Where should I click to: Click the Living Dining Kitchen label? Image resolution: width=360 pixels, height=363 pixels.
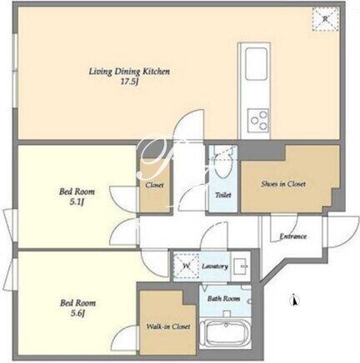click(x=129, y=72)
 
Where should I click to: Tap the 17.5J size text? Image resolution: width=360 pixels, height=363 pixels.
click(x=129, y=82)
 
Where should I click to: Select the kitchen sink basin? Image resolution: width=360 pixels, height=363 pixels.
click(x=257, y=64)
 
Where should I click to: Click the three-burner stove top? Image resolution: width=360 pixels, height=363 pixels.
click(x=258, y=120)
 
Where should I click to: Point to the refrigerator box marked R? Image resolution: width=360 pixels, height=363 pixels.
click(x=325, y=19)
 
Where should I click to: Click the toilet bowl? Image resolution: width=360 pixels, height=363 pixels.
click(x=222, y=166)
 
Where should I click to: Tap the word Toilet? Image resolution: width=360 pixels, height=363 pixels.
click(x=223, y=195)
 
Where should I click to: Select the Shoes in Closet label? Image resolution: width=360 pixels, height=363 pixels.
click(x=283, y=184)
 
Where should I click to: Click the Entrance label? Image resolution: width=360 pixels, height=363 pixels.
click(x=293, y=236)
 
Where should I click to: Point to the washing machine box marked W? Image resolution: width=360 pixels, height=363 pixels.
click(x=186, y=266)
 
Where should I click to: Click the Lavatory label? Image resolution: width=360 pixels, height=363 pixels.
click(x=215, y=266)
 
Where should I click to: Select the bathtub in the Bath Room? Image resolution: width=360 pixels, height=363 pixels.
click(x=225, y=334)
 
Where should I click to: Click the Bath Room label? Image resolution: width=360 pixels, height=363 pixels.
click(x=223, y=299)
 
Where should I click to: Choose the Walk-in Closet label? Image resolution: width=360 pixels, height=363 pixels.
click(x=168, y=326)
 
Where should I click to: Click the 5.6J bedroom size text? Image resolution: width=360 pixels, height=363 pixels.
click(x=77, y=314)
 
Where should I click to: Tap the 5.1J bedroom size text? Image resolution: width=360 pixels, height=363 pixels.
click(x=77, y=202)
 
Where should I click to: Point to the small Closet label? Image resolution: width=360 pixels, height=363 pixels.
click(x=154, y=185)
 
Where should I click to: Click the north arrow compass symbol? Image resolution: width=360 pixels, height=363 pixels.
click(x=295, y=301)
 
